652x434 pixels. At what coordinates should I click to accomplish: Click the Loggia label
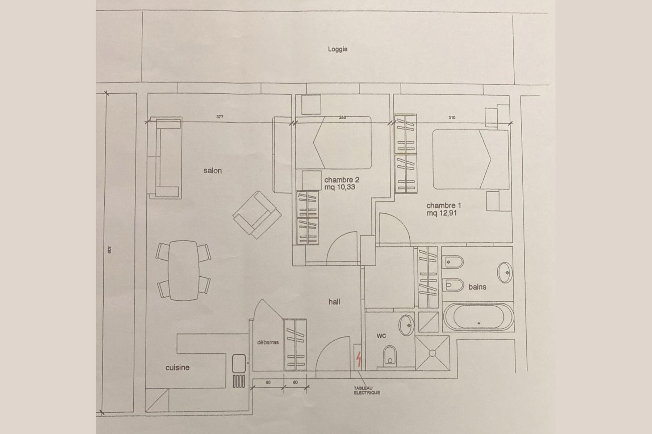point(338,49)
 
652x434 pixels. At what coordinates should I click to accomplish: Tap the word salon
point(213,171)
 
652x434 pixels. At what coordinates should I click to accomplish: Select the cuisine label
point(177,367)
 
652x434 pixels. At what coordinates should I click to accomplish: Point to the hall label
point(334,302)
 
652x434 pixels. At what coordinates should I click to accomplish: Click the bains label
point(477,287)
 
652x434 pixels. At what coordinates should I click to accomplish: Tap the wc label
point(381,336)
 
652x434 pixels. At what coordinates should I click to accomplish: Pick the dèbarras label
point(268,342)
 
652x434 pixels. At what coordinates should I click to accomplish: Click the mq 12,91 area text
point(442,213)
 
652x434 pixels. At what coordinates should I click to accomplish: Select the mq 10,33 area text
point(340,187)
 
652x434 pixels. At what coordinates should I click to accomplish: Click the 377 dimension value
point(220,117)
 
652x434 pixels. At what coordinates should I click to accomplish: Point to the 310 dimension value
point(452,118)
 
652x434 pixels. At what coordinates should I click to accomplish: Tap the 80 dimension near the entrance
point(268,382)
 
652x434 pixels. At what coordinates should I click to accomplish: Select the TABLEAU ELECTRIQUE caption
point(367,390)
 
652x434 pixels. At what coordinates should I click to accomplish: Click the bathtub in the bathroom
point(478,317)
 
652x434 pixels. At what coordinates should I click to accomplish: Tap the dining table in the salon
point(184,270)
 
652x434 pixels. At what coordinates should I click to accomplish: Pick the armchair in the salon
point(257,215)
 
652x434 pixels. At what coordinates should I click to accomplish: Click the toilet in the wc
point(390,355)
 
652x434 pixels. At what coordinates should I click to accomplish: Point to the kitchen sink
point(239,363)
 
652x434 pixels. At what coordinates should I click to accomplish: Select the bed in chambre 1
point(471,159)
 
